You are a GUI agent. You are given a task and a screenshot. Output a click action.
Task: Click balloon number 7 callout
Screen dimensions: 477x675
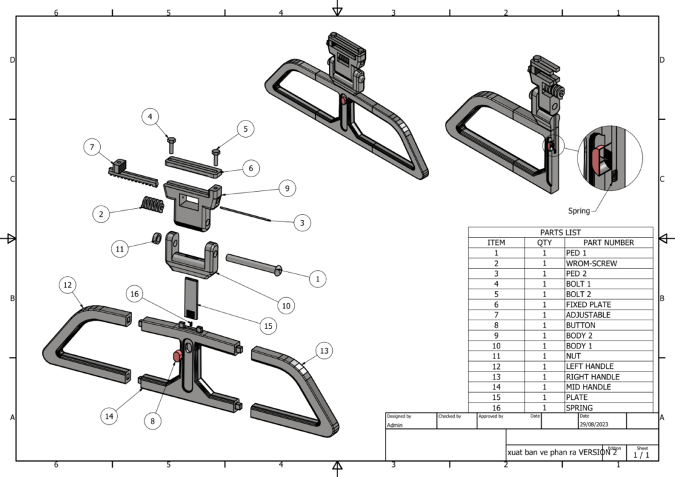point(92,146)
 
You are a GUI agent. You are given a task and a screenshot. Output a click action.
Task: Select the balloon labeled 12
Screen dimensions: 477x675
point(67,285)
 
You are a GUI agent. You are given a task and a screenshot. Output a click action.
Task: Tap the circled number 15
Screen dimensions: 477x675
point(268,325)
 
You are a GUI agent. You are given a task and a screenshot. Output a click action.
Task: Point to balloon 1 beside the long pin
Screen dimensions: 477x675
point(317,279)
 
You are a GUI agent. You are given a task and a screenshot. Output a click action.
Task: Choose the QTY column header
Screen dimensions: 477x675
point(544,242)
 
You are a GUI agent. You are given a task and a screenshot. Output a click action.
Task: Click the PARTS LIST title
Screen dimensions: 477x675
point(560,233)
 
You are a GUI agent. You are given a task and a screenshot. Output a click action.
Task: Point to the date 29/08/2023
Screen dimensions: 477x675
point(594,425)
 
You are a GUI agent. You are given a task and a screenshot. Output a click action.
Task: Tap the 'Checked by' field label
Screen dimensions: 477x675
point(449,416)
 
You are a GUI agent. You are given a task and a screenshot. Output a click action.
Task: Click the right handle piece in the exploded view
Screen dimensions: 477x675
point(300,389)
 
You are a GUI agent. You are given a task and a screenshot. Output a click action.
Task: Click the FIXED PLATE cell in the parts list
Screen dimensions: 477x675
point(588,305)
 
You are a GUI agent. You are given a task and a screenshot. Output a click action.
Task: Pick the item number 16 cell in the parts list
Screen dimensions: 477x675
point(496,408)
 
